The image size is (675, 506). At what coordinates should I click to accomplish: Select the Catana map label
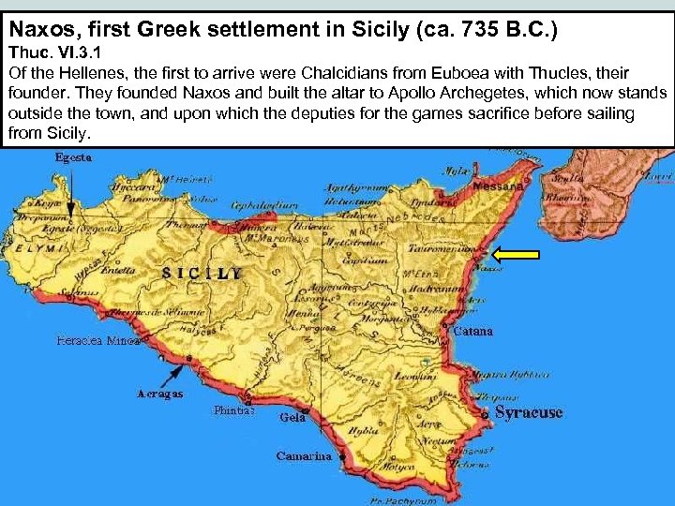point(472,332)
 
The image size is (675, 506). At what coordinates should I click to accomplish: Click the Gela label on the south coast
point(292,418)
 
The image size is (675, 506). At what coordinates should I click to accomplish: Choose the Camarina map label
point(304,456)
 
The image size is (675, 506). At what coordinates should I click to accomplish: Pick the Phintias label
point(232,409)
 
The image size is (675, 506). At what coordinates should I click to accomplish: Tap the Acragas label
point(159,394)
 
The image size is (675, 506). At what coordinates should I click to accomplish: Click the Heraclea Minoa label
point(97,341)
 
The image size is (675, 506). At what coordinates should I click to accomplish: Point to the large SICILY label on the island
point(202,273)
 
